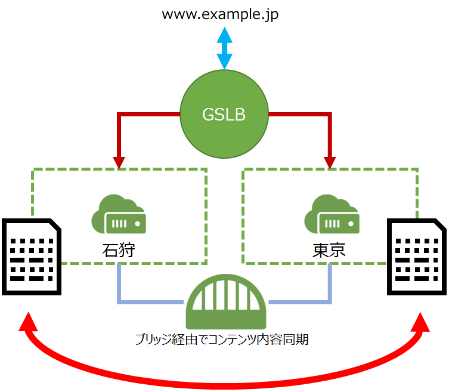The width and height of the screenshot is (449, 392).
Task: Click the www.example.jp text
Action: pos(221,14)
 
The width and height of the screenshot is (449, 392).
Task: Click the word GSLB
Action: pos(224,115)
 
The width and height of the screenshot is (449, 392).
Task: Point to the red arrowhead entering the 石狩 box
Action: pos(119,162)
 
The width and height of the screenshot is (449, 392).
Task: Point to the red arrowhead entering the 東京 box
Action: pos(329,162)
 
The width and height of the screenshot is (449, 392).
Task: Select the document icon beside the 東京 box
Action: pos(417,257)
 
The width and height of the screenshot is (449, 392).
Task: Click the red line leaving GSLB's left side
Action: pos(149,114)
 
